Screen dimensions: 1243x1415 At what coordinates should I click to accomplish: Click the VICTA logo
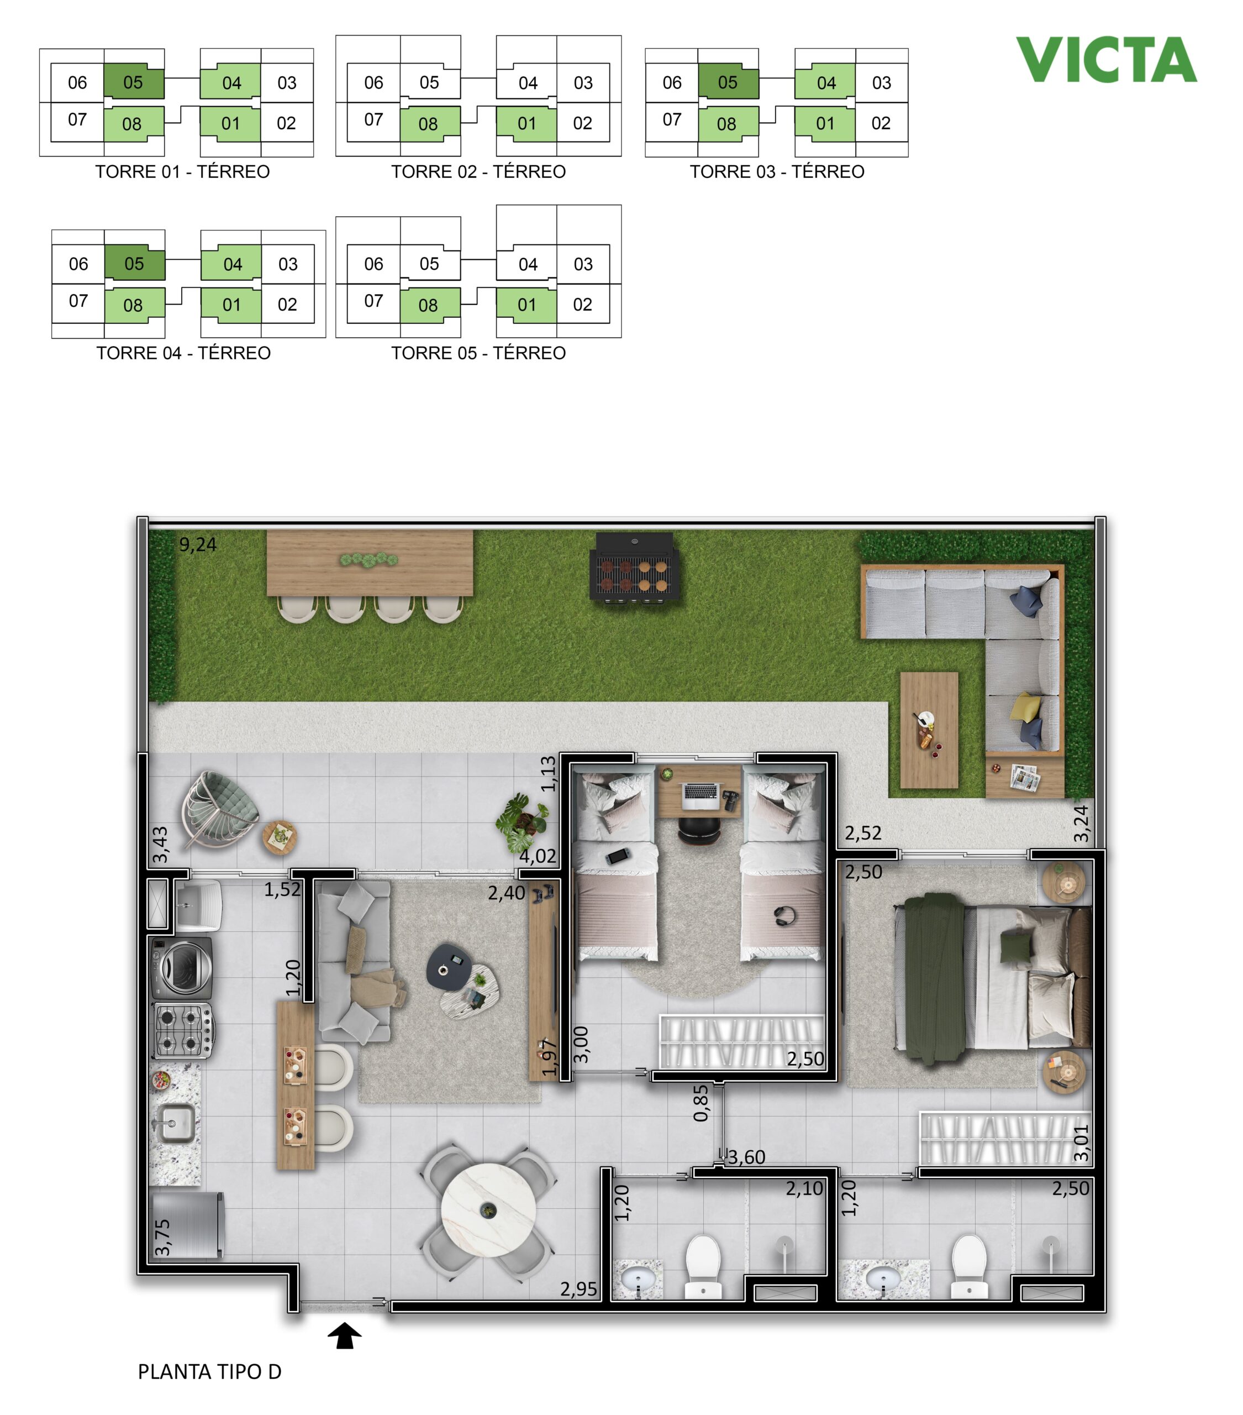1106,60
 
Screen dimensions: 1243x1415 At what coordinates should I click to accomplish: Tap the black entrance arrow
345,1335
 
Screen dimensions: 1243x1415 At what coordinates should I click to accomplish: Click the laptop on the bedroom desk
700,795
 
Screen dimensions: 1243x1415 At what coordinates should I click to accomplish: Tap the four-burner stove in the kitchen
183,1030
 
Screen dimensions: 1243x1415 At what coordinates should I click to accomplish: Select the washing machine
182,968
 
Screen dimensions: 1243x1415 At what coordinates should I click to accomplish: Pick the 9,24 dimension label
198,545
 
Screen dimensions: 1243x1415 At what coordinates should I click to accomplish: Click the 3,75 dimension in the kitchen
162,1237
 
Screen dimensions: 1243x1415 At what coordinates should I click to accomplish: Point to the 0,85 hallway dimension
701,1103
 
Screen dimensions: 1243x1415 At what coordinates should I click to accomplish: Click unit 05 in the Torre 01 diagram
134,82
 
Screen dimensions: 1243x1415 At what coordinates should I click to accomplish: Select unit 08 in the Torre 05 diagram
429,305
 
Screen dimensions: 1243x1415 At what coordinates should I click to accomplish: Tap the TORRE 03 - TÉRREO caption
777,172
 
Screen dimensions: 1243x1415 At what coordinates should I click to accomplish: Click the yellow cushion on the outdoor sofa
1025,707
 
